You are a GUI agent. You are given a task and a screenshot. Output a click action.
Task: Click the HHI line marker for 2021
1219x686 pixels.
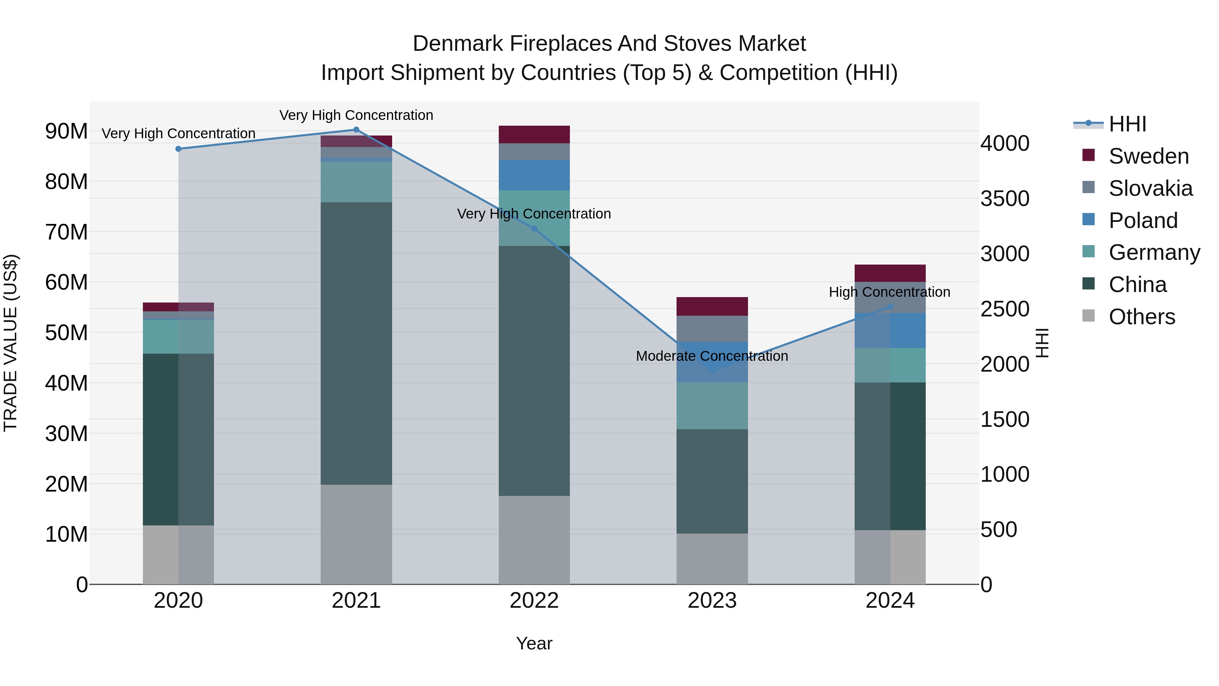pos(356,130)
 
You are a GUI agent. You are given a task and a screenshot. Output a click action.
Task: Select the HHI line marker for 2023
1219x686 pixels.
pos(712,371)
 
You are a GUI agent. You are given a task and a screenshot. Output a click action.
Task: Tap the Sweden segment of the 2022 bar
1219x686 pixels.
pos(534,134)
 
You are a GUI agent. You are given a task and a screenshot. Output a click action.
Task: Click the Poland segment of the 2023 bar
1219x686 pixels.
pos(712,362)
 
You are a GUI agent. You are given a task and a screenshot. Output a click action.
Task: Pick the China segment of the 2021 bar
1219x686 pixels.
pos(356,343)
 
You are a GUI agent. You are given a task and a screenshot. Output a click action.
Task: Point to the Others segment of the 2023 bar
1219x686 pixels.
pos(712,559)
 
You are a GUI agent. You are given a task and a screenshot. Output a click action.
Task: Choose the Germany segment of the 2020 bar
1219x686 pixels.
pos(178,337)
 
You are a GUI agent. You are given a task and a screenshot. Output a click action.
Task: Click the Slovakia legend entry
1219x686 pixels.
pos(1150,188)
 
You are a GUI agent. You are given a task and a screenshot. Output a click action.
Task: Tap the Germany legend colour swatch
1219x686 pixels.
pos(1088,251)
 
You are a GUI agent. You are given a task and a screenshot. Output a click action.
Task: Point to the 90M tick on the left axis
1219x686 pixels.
pos(66,131)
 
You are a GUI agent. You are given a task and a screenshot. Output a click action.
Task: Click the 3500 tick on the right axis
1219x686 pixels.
pos(1005,199)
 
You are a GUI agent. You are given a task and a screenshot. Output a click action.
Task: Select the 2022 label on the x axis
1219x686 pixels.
pos(534,601)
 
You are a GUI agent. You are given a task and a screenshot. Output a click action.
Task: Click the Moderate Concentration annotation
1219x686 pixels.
pos(712,356)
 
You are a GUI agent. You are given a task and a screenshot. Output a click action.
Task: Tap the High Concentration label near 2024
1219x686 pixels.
pos(889,292)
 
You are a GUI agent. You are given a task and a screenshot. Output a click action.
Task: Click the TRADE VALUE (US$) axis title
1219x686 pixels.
pos(10,343)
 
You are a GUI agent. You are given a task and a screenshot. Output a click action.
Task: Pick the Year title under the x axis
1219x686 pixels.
pos(534,643)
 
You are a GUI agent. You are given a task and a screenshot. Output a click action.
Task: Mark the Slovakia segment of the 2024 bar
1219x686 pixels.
pos(890,298)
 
